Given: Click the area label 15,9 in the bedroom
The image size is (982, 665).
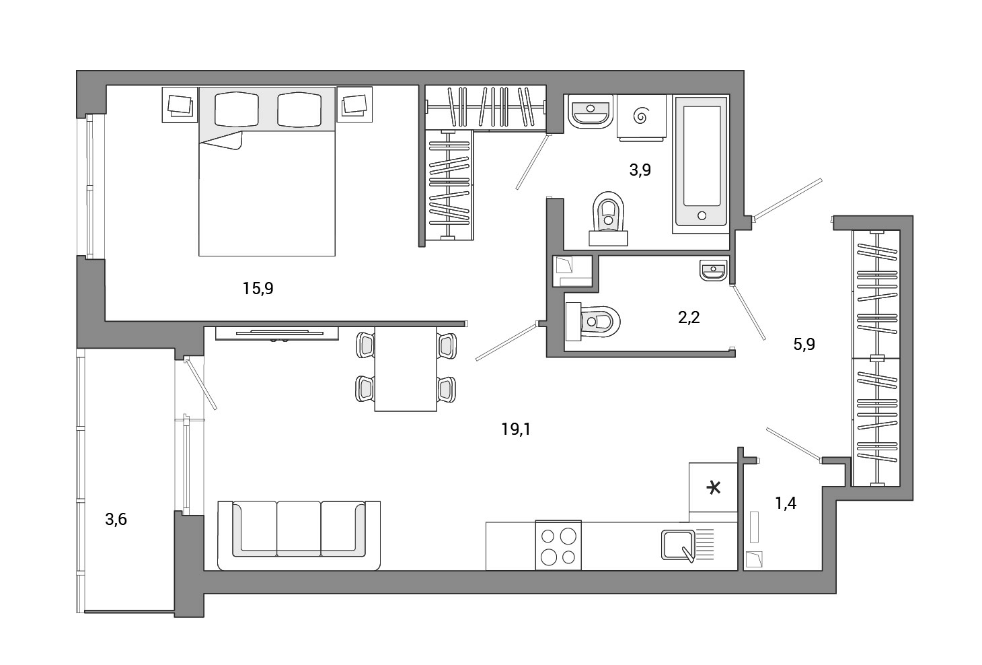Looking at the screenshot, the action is [x=258, y=289].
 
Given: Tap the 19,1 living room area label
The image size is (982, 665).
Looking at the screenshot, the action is [x=516, y=429].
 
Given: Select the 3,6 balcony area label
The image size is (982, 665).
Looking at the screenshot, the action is [x=116, y=520].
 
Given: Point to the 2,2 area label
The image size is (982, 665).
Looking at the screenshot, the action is [x=689, y=318].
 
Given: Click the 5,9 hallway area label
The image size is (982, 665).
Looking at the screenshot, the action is [x=804, y=345].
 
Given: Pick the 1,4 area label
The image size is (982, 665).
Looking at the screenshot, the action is [x=786, y=503].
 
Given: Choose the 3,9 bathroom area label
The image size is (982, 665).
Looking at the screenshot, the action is [x=640, y=170].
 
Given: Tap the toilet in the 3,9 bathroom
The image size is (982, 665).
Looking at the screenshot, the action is [x=609, y=218].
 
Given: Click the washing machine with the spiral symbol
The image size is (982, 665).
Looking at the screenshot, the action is [x=641, y=117].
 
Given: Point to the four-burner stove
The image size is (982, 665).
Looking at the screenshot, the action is [x=558, y=545].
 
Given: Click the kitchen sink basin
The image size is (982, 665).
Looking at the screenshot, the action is [x=678, y=545].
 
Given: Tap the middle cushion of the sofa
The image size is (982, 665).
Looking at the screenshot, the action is [x=299, y=529].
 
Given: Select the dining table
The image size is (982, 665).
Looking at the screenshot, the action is [x=406, y=369].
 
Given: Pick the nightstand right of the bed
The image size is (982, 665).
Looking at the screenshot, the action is [x=354, y=104].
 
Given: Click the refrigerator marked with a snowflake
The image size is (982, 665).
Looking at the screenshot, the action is [x=713, y=487].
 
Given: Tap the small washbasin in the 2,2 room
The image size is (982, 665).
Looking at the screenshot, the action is [x=713, y=270].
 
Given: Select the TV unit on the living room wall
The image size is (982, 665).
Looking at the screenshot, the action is [x=276, y=333].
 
